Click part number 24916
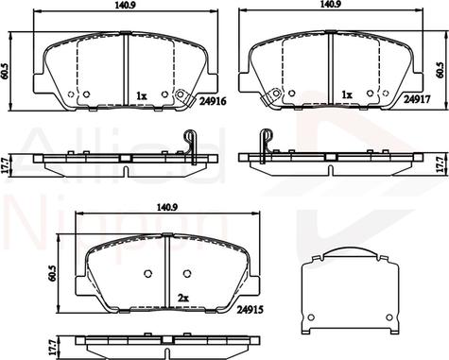(x=213, y=101)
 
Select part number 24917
(x=418, y=99)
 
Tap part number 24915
(x=250, y=310)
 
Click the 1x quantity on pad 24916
(x=142, y=95)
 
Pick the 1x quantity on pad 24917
(x=347, y=94)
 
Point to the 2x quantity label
(x=183, y=298)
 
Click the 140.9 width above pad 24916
(x=125, y=6)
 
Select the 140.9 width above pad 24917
(x=330, y=4)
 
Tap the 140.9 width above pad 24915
(x=167, y=207)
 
